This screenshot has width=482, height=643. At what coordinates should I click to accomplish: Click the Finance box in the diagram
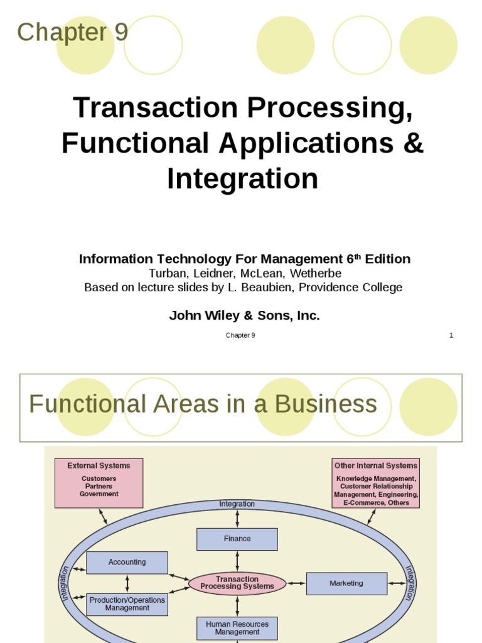pyautogui.click(x=237, y=539)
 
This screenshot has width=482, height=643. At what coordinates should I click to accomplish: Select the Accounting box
pyautogui.click(x=127, y=563)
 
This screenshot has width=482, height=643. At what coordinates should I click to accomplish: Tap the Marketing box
pyautogui.click(x=346, y=583)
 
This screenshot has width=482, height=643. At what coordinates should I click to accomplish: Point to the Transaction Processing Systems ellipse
pyautogui.click(x=237, y=583)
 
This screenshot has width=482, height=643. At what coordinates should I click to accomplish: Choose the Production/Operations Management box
pyautogui.click(x=127, y=604)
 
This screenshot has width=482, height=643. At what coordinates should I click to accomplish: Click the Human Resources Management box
pyautogui.click(x=237, y=628)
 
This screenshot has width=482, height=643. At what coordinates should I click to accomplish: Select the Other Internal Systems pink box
pyautogui.click(x=375, y=482)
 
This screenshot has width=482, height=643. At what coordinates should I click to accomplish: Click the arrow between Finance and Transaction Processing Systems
pyautogui.click(x=237, y=561)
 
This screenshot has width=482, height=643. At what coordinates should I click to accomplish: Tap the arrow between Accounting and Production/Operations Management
pyautogui.click(x=127, y=583)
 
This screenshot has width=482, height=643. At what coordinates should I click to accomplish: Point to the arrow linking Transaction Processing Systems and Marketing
pyautogui.click(x=296, y=583)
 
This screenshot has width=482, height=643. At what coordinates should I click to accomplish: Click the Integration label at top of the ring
pyautogui.click(x=237, y=504)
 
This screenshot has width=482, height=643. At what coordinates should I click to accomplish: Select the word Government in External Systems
pyautogui.click(x=99, y=494)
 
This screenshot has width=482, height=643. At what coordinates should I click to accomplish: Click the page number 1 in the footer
pyautogui.click(x=451, y=335)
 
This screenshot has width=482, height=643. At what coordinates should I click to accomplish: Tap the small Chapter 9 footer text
pyautogui.click(x=240, y=335)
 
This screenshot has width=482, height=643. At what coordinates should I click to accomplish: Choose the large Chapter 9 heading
pyautogui.click(x=72, y=33)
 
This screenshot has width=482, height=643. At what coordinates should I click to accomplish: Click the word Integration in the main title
pyautogui.click(x=242, y=179)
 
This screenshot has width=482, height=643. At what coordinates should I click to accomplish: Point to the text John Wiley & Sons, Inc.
pyautogui.click(x=244, y=316)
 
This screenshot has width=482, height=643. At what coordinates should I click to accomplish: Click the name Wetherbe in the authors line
pyautogui.click(x=318, y=273)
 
